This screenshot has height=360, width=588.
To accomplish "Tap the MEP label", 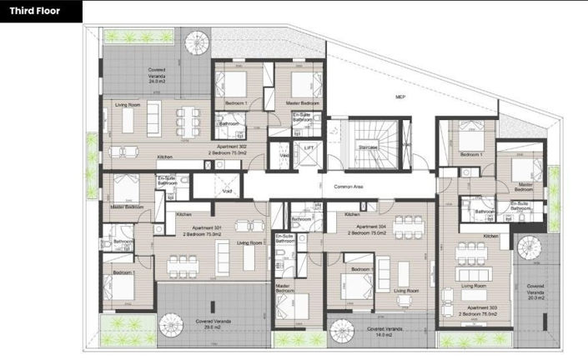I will (x=400, y=97).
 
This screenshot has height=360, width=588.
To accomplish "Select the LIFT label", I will (x=309, y=147).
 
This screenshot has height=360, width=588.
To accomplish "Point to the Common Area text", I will (x=348, y=187).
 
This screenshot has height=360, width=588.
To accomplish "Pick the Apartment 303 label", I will (x=483, y=308).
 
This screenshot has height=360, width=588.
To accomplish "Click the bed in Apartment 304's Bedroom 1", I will (x=358, y=288).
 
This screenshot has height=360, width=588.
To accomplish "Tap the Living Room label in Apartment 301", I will (x=249, y=242).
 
